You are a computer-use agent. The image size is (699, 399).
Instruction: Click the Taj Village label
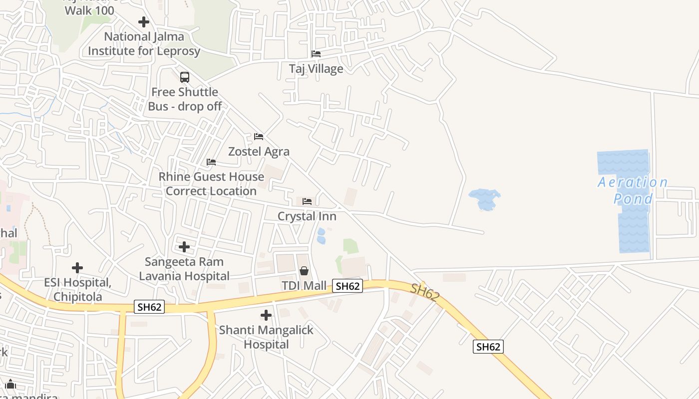(x=316, y=68)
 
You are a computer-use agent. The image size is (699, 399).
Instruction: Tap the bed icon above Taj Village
(x=316, y=53)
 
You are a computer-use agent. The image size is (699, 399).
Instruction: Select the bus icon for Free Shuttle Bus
(x=185, y=77)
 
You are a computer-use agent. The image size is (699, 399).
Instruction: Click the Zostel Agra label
(x=259, y=151)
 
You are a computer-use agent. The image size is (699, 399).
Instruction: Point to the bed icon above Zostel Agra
(x=259, y=136)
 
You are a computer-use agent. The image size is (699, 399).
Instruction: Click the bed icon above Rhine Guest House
(x=211, y=162)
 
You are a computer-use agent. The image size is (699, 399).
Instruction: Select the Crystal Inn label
(x=307, y=216)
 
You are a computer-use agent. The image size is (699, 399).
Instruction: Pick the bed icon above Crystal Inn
(x=307, y=201)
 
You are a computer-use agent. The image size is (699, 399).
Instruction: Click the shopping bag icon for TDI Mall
(x=304, y=271)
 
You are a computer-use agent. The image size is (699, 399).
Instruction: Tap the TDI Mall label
(x=304, y=286)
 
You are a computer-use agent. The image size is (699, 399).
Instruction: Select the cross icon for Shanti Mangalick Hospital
(x=266, y=315)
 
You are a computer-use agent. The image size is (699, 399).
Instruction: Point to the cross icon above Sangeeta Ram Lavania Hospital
(x=184, y=247)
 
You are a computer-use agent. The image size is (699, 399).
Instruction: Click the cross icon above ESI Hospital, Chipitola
(x=77, y=268)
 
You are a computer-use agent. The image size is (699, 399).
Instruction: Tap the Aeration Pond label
(x=633, y=191)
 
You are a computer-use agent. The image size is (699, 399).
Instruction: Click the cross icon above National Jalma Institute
(x=144, y=22)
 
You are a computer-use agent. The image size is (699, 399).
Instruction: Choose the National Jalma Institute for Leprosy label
(x=144, y=43)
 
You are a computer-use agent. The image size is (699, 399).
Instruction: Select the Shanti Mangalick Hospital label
(x=266, y=337)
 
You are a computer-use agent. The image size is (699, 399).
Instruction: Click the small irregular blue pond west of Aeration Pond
(x=484, y=199)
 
